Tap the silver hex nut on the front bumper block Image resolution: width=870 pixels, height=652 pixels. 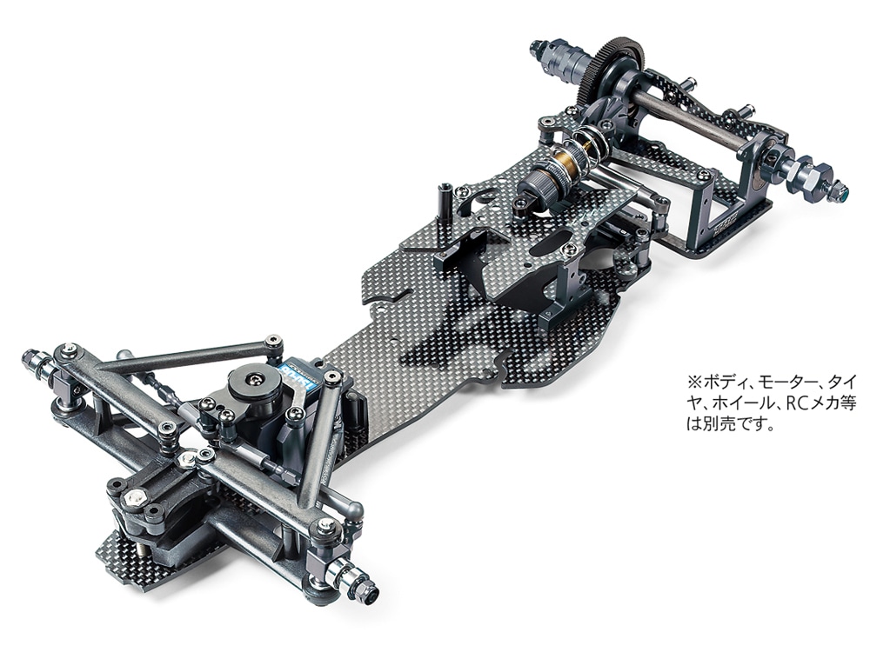[x=136, y=498]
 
